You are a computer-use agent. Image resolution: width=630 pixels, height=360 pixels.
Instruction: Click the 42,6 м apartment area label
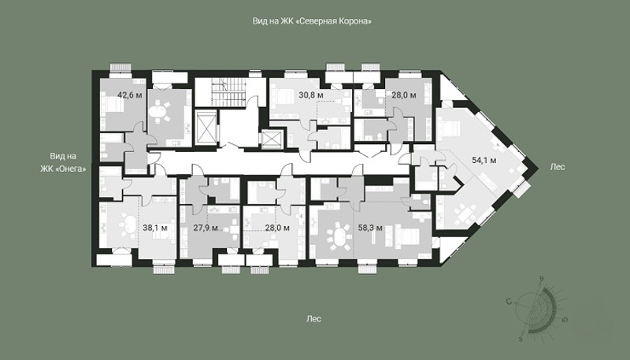pos(130,95)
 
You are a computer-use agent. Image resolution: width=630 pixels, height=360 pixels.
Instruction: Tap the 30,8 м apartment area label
pos(311,95)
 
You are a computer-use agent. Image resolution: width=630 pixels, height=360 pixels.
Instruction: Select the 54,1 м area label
pos(484,161)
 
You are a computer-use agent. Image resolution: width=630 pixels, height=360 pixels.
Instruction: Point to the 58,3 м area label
pos(370,228)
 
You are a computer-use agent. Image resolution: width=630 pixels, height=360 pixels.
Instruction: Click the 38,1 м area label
pos(155,228)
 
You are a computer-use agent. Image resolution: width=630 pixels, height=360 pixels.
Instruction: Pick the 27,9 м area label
pos(206,228)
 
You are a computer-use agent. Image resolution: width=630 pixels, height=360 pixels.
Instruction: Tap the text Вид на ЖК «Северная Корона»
pos(312,21)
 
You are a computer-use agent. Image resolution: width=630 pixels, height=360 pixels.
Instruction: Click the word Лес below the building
pos(313,319)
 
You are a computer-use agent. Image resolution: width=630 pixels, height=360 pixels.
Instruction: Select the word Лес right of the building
pos(558,167)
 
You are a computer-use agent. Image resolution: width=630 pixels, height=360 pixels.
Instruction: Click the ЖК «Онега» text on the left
pos(63,169)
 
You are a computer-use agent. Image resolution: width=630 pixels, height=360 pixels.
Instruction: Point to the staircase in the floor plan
pos(228,92)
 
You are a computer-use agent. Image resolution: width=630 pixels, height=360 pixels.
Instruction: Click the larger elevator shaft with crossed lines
pos(206,128)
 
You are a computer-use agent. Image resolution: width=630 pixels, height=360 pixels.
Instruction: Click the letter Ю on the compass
pos(565,320)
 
